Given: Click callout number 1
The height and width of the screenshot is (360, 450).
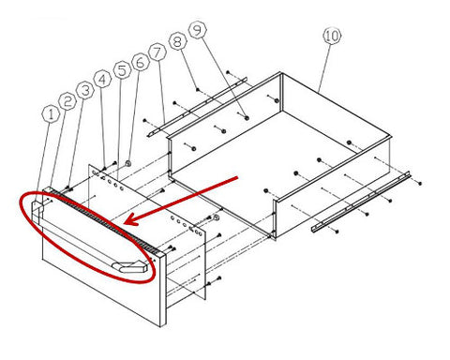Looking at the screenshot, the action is [51, 114].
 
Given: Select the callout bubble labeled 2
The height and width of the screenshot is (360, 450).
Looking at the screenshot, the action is [67, 101].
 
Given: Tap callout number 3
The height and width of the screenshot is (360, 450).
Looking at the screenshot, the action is [85, 90].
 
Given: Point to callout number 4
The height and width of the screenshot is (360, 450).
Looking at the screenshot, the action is [102, 80].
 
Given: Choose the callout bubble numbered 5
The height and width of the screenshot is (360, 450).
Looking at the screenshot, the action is [122, 69].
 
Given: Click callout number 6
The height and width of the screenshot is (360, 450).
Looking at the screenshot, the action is [140, 62].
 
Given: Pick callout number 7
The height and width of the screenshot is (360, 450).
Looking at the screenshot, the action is [157, 52].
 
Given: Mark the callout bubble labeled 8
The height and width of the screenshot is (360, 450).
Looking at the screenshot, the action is [177, 41].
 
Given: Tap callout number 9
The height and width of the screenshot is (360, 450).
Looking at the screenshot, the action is [198, 30].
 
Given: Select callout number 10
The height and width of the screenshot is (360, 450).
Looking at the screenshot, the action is [332, 36].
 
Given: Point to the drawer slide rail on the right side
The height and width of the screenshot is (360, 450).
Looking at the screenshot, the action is [361, 202].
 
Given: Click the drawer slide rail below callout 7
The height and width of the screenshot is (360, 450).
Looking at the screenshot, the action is [198, 107].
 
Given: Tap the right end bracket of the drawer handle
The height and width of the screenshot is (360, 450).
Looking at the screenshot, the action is [130, 267].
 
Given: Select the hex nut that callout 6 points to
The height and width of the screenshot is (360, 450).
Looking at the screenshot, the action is [127, 163].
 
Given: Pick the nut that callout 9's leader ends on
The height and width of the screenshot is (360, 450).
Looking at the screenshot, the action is [247, 118].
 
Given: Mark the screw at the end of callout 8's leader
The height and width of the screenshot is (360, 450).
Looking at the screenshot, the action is [198, 89].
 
